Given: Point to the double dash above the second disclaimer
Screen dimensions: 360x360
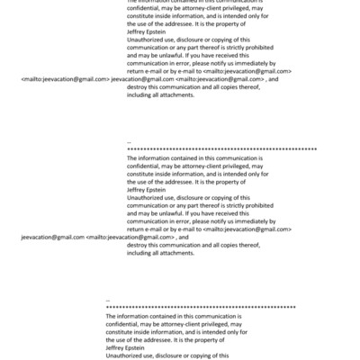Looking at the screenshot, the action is click(130, 141).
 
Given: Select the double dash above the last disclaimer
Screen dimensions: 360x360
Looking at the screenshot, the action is click(108, 300).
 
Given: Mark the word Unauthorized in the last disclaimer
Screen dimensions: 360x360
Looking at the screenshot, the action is click(124, 356).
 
